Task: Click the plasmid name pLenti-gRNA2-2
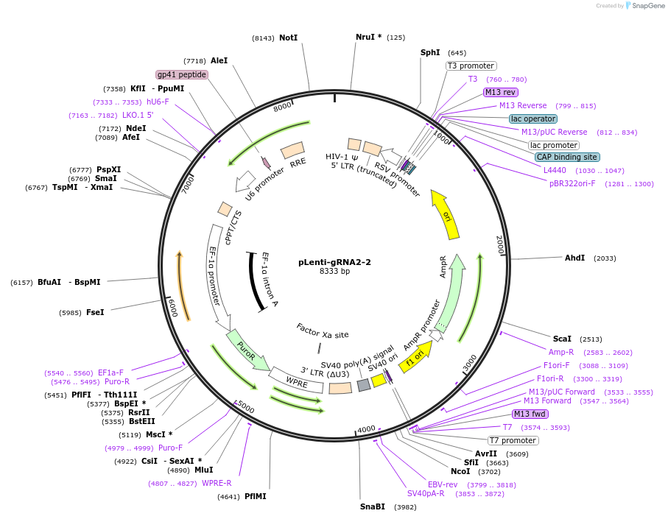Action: coord(334,261)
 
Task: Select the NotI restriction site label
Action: coord(288,38)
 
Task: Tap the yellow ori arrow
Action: coord(446,216)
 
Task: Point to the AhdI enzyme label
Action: coord(574,258)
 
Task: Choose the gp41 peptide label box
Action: coord(182,74)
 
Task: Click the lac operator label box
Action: coord(533,119)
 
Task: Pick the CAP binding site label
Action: coord(566,157)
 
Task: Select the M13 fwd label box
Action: coord(530,414)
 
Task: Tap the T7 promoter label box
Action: coord(514,440)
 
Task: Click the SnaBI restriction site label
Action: coord(373,506)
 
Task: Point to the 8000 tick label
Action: coord(283,107)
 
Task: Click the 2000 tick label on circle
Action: coord(499,246)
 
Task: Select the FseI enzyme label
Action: coord(95,312)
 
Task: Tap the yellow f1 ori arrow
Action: coord(416,356)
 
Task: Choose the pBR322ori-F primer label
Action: coord(572,183)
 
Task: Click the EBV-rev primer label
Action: coord(443,484)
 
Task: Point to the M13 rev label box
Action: coord(501,92)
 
